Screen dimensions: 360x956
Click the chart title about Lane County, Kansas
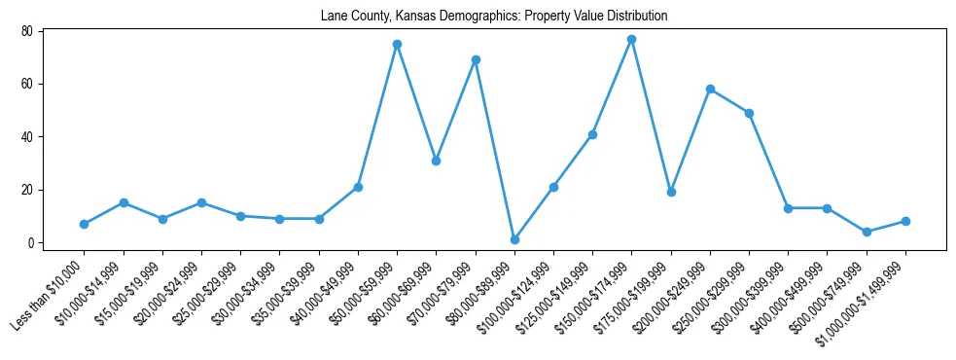pos(494,17)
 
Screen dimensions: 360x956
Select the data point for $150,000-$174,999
pos(631,39)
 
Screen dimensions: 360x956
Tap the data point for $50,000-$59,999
pos(397,45)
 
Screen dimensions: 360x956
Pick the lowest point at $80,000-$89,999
pos(514,239)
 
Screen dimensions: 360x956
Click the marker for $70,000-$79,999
pos(476,60)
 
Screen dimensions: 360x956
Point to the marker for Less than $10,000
pos(85,224)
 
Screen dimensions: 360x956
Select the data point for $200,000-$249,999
pos(710,90)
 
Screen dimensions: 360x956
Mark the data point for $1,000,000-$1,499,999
pos(905,221)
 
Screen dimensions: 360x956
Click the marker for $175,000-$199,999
pos(671,192)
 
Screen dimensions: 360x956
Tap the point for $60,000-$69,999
pos(436,161)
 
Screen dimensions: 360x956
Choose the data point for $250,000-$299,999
pos(749,113)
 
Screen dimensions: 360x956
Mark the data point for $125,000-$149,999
pos(592,134)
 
